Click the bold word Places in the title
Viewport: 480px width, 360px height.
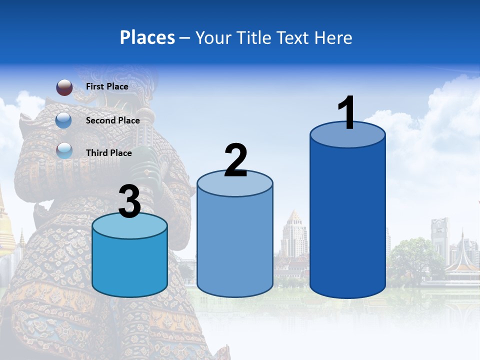point(147,37)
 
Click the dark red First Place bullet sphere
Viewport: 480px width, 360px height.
point(64,87)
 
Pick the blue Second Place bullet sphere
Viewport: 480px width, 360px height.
point(64,120)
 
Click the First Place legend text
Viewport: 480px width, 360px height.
point(107,86)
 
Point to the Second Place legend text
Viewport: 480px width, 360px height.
point(112,120)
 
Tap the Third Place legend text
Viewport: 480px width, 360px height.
point(108,153)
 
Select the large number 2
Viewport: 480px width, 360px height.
point(236,161)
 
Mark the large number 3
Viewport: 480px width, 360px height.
point(130,202)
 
